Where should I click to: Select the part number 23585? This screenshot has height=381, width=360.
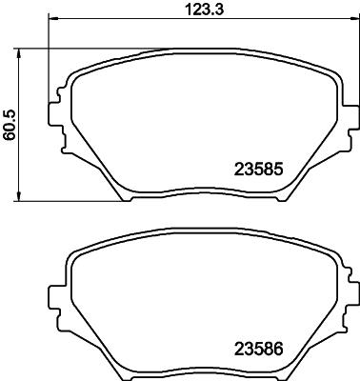pyautogui.click(x=260, y=171)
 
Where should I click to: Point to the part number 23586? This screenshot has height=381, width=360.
pyautogui.click(x=260, y=350)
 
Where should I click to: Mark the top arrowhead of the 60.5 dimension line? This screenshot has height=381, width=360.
pyautogui.click(x=22, y=50)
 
